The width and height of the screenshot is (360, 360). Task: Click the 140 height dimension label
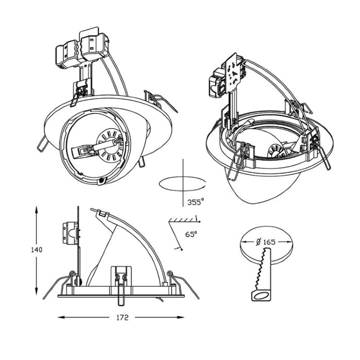tap(37, 250)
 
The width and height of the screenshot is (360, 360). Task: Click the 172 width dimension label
tap(122, 318)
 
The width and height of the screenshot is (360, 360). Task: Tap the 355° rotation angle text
tap(196, 202)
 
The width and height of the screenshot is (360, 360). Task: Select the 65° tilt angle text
tap(191, 234)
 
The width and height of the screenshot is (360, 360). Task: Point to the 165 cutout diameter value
tap(269, 242)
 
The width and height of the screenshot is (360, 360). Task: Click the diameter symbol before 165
tap(259, 242)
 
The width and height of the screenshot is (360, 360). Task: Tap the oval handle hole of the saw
tap(261, 296)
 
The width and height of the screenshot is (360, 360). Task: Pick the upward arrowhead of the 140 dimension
tap(36, 209)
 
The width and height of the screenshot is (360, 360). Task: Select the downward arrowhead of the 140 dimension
tap(36, 291)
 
